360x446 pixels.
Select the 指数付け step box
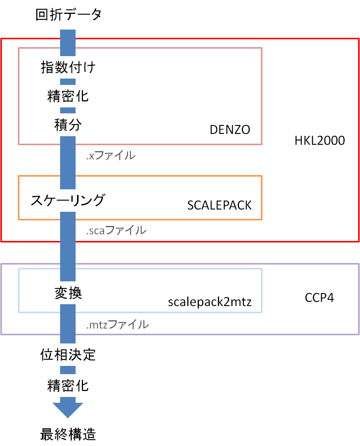[68, 68]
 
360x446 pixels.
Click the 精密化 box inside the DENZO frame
[68, 97]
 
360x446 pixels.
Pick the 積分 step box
[68, 125]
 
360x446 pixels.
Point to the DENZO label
[230, 130]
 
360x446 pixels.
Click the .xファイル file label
[111, 155]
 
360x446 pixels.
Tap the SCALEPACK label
[219, 205]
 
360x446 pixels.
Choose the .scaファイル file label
[116, 230]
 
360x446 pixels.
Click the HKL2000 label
[320, 141]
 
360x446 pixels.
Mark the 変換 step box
[68, 293]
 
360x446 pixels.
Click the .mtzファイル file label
[118, 324]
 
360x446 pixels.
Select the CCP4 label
[320, 298]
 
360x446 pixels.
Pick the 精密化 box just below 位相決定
[68, 385]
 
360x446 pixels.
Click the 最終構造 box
[68, 434]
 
